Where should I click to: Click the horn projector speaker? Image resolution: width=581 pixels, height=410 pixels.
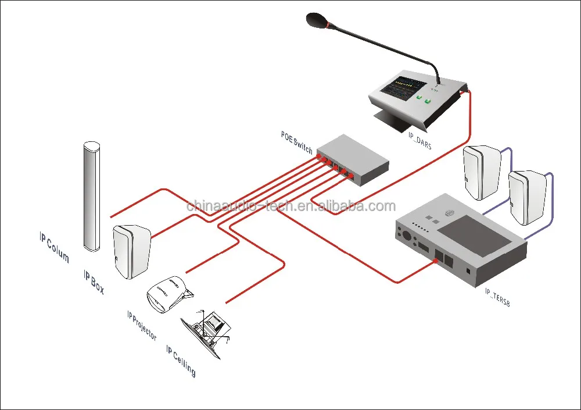click(167, 294)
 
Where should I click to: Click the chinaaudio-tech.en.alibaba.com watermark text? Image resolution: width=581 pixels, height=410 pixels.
click(290, 206)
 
